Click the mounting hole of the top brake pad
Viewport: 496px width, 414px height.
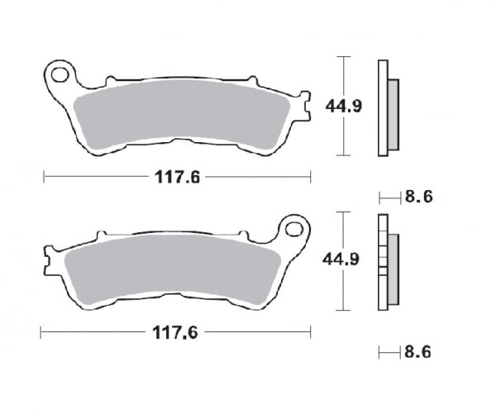click(x=60, y=76)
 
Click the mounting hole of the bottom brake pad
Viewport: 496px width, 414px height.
click(x=293, y=226)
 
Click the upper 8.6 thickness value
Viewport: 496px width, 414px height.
click(x=420, y=197)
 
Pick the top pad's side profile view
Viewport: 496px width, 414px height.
click(x=386, y=107)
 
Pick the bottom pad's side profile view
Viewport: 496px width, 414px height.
click(x=385, y=260)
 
